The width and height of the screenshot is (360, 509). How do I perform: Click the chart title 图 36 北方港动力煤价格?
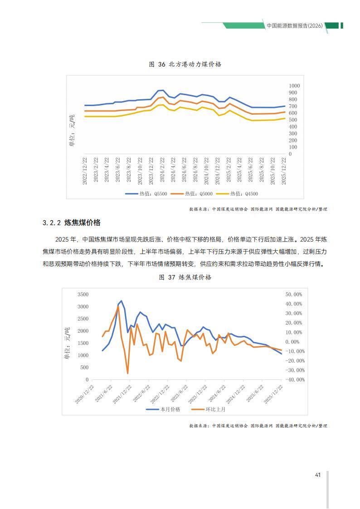coord(185,64)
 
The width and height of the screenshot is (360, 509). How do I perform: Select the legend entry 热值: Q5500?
coord(146,194)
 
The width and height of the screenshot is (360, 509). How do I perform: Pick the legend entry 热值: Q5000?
coord(192,194)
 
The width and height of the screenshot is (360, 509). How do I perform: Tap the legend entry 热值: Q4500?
coord(237,194)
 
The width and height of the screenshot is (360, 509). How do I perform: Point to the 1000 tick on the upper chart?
coord(294,86)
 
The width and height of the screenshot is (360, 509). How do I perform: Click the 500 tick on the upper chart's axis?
coord(293,120)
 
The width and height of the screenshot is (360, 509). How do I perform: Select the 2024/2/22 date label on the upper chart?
coord(162,170)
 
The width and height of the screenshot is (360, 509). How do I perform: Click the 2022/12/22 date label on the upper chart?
coord(85,171)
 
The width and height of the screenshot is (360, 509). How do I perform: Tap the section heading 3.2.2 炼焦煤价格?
coord(72,223)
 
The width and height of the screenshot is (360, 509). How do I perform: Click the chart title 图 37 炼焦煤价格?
coord(185,277)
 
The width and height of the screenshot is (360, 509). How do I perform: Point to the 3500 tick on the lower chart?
coord(83,295)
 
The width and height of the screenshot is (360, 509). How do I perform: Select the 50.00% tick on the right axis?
coord(294,295)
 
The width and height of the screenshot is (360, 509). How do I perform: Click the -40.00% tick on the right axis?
coord(295,379)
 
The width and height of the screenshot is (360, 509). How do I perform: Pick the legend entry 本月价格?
coord(163,409)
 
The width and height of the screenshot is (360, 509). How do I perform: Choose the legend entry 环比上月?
coord(209,409)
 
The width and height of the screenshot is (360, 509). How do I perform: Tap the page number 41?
coord(318,475)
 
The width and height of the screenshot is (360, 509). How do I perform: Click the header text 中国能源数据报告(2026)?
coord(295,26)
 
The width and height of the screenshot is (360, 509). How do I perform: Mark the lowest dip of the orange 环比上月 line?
coord(127,373)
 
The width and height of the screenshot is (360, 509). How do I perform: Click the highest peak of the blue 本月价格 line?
coord(122,301)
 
